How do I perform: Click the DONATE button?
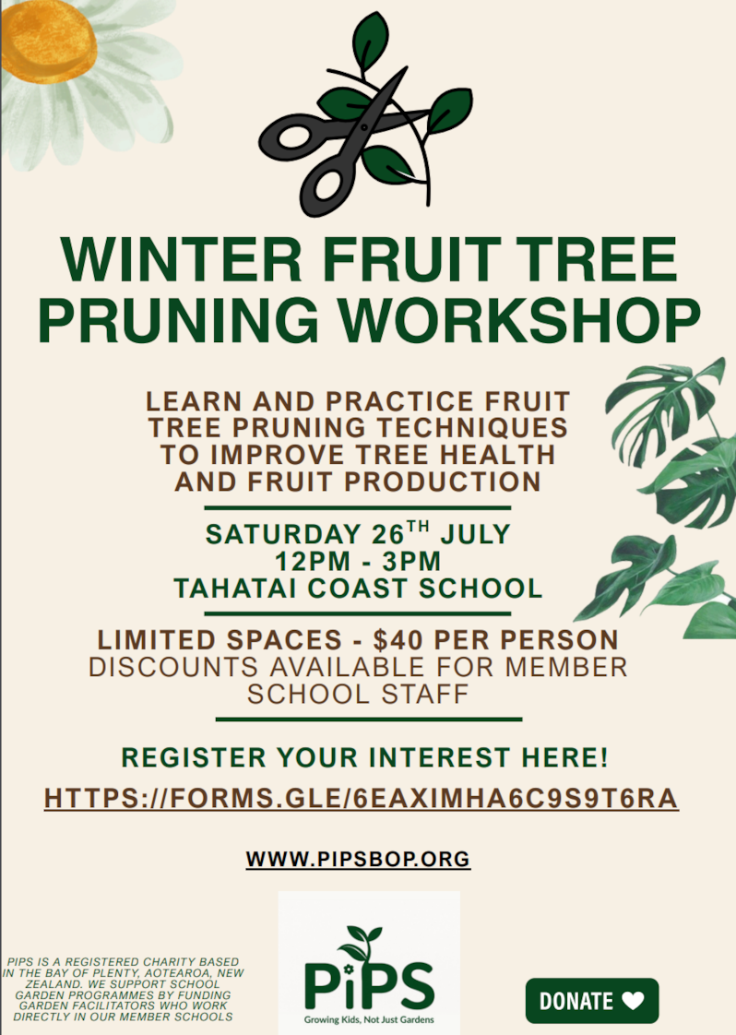[592, 1001]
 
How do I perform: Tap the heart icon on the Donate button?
[633, 1002]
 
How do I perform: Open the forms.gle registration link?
[361, 798]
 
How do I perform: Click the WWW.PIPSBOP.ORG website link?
[358, 859]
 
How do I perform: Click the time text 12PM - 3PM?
[358, 561]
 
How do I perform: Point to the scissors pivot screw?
[362, 126]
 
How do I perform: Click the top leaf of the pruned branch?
[371, 41]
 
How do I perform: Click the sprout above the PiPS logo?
[360, 943]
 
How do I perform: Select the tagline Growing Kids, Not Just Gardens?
[369, 1019]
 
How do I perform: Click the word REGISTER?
[194, 757]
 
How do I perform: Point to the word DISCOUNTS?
[173, 667]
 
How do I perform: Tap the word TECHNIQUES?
[472, 427]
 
